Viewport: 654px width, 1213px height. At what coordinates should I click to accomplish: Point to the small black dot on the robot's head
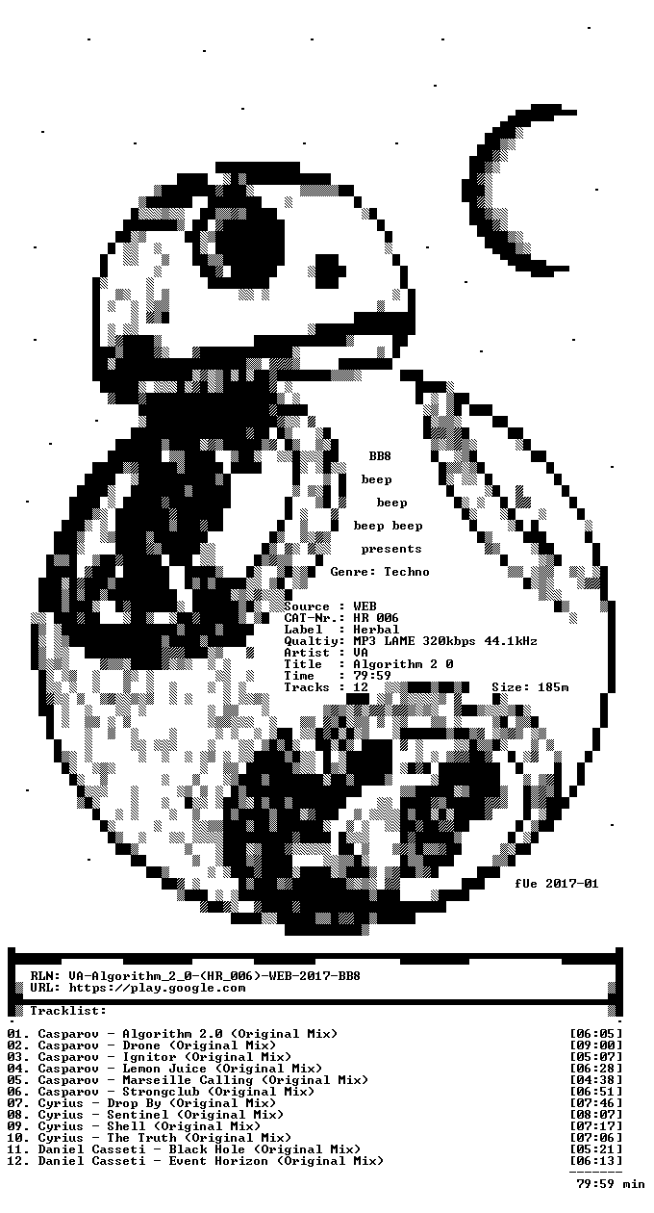tap(330, 271)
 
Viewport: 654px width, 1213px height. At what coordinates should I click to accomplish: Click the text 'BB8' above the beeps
tap(380, 456)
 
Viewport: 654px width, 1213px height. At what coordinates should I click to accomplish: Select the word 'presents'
tap(391, 549)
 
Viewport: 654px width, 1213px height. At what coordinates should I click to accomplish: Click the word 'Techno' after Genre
tap(407, 572)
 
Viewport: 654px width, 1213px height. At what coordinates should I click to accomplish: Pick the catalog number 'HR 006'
tap(376, 618)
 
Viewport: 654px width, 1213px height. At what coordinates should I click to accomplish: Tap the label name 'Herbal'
tap(376, 630)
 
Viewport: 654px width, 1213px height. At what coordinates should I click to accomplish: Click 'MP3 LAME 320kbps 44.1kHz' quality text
tap(445, 641)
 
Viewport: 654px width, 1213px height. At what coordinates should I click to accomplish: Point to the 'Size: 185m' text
tap(530, 687)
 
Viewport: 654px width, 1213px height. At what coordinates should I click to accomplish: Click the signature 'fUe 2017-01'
tap(557, 883)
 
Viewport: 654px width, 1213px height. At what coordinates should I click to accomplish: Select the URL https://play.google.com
tap(157, 988)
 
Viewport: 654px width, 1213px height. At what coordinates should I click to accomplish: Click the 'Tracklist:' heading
tap(68, 1011)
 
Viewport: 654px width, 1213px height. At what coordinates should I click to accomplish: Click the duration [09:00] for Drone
tap(596, 1045)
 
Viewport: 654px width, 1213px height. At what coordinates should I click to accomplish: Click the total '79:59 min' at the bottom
tap(611, 1184)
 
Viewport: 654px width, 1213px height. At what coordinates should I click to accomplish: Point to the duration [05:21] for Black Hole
tap(596, 1149)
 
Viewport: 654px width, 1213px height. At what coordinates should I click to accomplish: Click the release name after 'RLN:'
tap(214, 976)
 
